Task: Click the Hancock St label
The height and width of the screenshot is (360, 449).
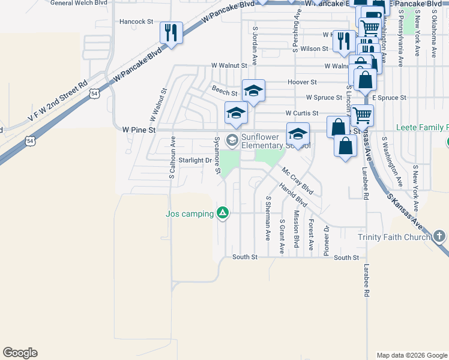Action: (x=136, y=22)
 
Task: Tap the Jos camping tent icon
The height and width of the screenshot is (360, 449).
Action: (x=223, y=213)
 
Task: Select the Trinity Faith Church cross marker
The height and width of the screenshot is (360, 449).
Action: (x=439, y=236)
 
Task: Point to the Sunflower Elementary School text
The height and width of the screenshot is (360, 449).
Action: (x=275, y=141)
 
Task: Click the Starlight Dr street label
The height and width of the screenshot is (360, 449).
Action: (x=195, y=160)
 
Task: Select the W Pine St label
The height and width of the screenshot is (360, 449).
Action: (x=139, y=130)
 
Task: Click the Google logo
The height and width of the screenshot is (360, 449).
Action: (x=20, y=352)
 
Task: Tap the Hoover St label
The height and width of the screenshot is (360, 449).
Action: (x=302, y=82)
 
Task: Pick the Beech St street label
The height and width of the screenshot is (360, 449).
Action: (x=224, y=89)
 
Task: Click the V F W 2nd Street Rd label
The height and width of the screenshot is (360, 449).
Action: (x=58, y=101)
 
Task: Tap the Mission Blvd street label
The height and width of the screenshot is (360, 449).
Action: (x=296, y=229)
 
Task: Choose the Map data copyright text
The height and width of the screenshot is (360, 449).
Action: (x=411, y=355)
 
